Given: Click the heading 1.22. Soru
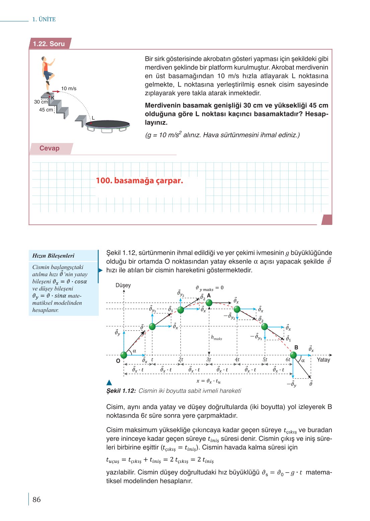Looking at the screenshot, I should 49,44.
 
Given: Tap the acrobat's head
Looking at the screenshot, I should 44,59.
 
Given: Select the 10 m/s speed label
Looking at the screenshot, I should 69,89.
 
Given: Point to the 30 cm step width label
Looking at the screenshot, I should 41,102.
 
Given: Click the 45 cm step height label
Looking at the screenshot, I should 46,110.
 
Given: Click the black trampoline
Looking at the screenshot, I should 107,124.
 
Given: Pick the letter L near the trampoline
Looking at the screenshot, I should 93,118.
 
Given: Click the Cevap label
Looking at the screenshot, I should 49,148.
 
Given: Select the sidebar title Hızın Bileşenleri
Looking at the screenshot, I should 53,256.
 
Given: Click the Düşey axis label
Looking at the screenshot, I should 123,285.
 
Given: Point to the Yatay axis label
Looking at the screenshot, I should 323,360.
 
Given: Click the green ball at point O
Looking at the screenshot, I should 124,355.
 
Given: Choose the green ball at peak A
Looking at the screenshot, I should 209,303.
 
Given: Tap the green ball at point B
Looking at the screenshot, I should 293,355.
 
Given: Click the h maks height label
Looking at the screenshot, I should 217,338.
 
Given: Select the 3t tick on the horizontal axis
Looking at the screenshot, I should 209,360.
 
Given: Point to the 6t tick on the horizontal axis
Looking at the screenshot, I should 288,360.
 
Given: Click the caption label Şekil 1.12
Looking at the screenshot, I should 121,391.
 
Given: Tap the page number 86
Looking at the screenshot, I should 36,500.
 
